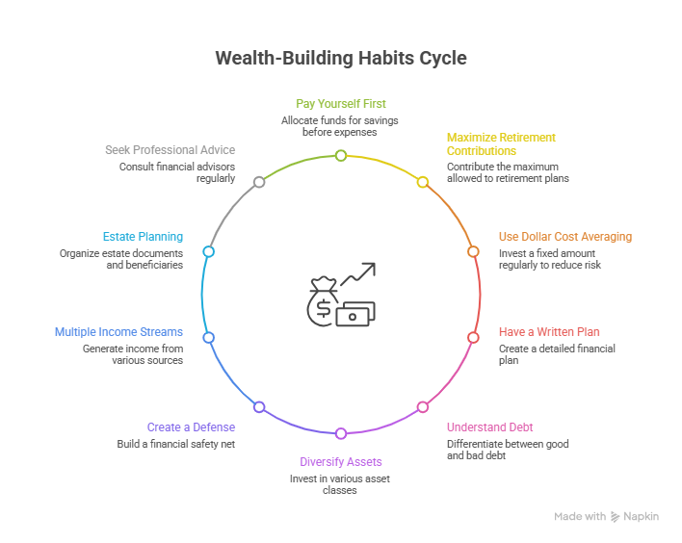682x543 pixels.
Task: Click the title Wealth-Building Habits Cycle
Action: tap(340, 58)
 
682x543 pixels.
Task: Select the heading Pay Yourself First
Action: tap(340, 103)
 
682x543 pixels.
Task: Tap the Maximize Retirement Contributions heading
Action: tap(500, 144)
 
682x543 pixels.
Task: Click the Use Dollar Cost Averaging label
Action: tap(564, 236)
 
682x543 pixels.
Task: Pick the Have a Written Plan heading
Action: tap(548, 332)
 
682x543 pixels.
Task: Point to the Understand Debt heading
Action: tap(489, 427)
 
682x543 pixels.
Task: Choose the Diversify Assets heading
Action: tap(340, 462)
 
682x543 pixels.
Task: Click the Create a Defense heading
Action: tap(191, 427)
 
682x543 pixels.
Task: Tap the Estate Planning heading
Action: tap(143, 236)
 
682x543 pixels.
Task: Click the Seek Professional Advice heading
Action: tap(170, 150)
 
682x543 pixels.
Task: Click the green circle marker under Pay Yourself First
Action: tap(340, 155)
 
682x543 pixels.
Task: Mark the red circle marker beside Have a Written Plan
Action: tap(473, 337)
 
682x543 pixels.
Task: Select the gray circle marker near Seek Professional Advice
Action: tap(258, 182)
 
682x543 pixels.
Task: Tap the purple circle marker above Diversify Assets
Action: tap(340, 433)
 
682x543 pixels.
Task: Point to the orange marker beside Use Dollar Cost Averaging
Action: tap(473, 251)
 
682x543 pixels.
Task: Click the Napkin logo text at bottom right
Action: tap(641, 517)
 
